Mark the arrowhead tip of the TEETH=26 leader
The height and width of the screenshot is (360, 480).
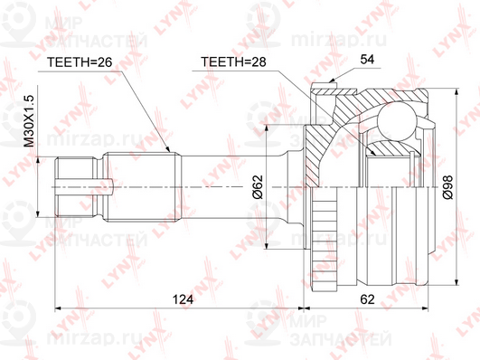(167, 149)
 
